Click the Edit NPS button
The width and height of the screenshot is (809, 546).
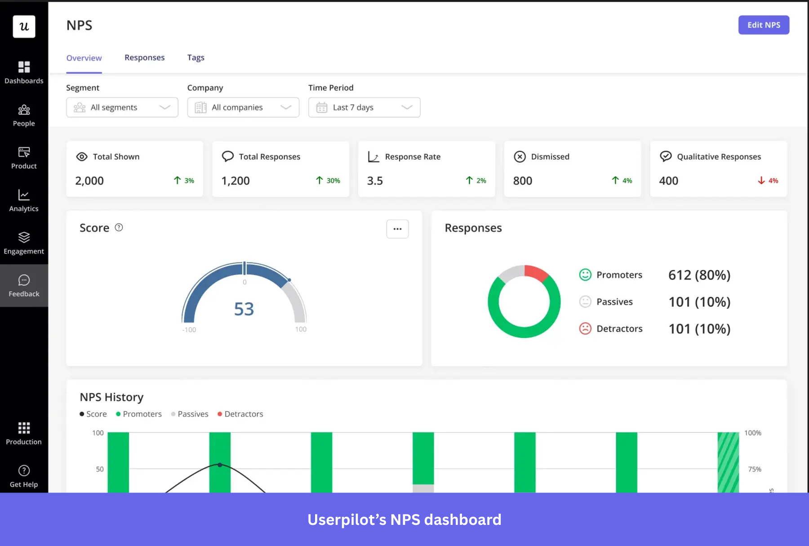point(763,25)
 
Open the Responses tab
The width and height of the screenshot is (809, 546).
point(144,58)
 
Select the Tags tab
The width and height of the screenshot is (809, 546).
point(196,58)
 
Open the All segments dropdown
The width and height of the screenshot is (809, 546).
point(122,107)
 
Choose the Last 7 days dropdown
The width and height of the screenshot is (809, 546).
point(364,107)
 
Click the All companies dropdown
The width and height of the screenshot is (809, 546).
point(243,107)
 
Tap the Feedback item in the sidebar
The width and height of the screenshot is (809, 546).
point(24,286)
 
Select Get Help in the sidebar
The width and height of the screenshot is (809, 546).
point(24,476)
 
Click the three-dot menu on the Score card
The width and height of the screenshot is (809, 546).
point(397,229)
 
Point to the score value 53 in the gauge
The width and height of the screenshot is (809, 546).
point(244,309)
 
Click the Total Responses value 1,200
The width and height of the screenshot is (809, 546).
point(236,181)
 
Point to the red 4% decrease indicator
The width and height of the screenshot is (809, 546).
point(768,181)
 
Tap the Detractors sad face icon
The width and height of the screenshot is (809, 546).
point(585,328)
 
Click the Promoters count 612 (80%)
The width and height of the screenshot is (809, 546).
point(699,275)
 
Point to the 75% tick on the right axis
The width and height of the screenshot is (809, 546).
point(754,469)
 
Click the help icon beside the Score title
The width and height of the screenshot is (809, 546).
point(119,227)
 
